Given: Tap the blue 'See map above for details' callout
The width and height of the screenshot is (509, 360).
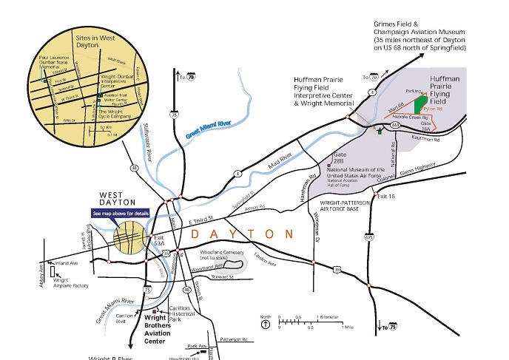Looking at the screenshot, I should tap(121, 213).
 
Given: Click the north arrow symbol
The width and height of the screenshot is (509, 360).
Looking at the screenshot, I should tap(265, 322).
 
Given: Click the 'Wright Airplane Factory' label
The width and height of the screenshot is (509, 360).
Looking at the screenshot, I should tap(70, 283).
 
